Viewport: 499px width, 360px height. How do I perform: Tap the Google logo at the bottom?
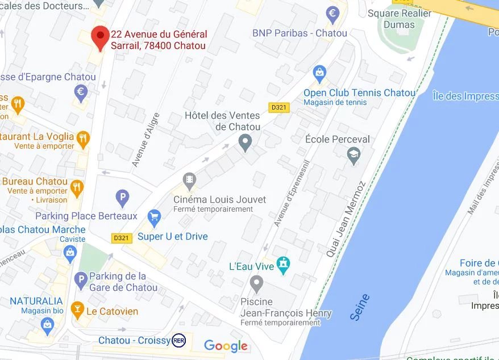[x=226, y=346]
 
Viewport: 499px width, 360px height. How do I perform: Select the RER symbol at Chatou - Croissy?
[x=179, y=340]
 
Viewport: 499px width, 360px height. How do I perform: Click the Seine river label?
[x=360, y=307]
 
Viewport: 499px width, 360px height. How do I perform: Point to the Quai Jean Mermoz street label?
[x=346, y=219]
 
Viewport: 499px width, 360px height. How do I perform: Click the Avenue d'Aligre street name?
[x=146, y=140]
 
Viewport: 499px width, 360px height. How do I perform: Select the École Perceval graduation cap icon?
[x=354, y=155]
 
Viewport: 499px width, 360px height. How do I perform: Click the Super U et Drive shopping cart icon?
[x=153, y=217]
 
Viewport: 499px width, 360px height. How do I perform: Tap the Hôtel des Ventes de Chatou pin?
[x=245, y=142]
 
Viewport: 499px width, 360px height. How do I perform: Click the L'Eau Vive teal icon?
[x=283, y=265]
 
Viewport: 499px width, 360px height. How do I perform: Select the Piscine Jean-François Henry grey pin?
[x=257, y=283]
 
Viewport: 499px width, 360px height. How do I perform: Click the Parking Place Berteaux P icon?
[x=122, y=198]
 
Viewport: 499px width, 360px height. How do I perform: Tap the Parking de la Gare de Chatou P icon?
[x=81, y=279]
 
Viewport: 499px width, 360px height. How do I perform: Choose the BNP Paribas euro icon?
[x=332, y=14]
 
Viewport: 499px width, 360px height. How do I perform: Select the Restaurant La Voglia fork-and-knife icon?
[x=83, y=137]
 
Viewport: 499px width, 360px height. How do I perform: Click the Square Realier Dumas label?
[x=399, y=19]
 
